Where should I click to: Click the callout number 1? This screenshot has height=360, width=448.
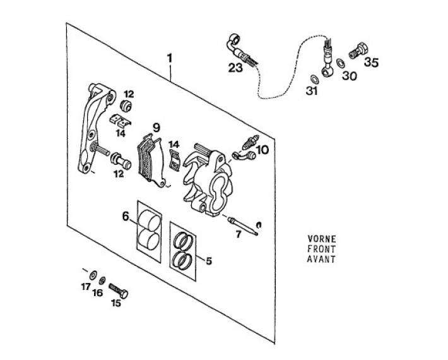click(170, 58)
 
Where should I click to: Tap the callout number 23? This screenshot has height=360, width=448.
click(235, 68)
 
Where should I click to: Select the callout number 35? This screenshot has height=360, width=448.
click(371, 62)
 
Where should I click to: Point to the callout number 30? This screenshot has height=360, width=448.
click(350, 76)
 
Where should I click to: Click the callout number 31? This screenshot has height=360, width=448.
click(312, 91)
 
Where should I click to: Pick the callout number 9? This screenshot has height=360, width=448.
click(156, 128)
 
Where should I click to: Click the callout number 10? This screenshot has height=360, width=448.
click(262, 150)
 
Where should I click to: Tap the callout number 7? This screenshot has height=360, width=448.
click(239, 234)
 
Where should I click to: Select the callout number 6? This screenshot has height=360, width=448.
click(126, 216)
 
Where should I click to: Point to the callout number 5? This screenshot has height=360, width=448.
click(209, 261)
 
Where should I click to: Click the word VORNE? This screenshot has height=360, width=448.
click(322, 239)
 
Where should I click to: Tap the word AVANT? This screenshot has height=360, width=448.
click(321, 259)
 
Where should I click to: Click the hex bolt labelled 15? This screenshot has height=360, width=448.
click(119, 291)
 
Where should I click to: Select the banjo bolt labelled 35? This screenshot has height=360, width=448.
click(358, 51)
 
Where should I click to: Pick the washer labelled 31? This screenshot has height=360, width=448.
click(315, 80)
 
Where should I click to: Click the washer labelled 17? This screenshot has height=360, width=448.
click(93, 275)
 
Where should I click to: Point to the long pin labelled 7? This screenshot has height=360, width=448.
click(243, 226)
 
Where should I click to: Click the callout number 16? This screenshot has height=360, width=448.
click(97, 293)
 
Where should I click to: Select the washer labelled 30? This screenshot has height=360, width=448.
click(340, 63)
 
